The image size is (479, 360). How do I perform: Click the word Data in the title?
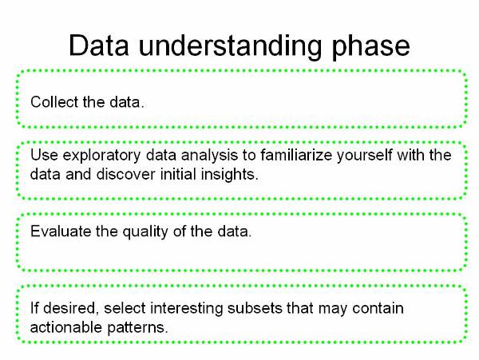99,45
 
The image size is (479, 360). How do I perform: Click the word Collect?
54,101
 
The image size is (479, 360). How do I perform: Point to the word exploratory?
101,156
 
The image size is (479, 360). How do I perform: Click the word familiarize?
296,155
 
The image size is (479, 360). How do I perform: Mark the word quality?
145,232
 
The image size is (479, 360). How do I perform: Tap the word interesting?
186,309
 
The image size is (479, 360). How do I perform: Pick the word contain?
378,308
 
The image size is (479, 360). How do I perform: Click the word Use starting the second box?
44,155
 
